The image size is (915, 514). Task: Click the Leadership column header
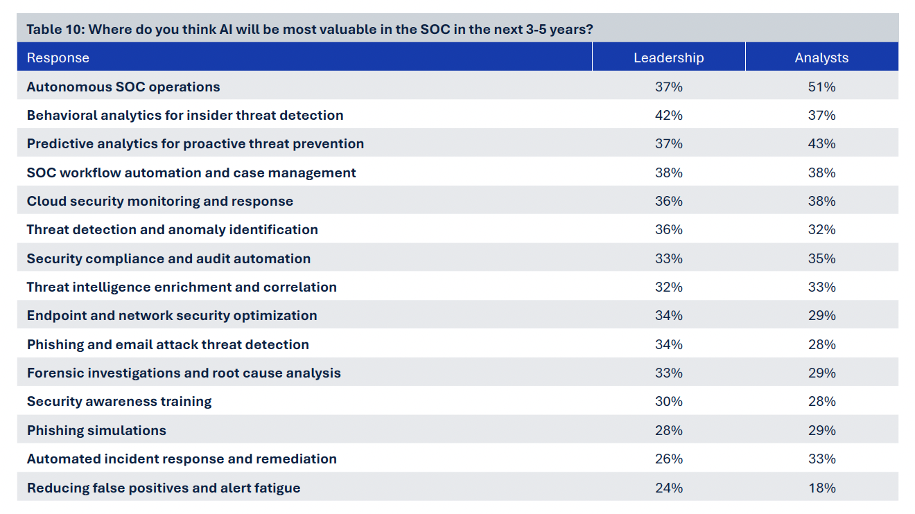(x=669, y=57)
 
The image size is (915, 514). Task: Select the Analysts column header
(x=821, y=57)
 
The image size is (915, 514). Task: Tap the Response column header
(x=58, y=58)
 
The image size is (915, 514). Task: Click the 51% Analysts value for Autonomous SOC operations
(x=821, y=87)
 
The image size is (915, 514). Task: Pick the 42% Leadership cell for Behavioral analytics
(x=669, y=115)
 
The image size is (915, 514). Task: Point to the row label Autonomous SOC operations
(x=123, y=87)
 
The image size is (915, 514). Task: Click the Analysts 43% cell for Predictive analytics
(x=821, y=143)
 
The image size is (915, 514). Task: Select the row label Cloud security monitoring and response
(x=160, y=202)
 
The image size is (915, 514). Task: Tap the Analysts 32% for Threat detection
(x=821, y=229)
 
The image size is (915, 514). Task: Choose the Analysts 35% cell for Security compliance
(x=821, y=258)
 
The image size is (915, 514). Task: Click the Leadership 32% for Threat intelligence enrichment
(x=669, y=287)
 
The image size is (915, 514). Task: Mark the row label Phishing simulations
(x=96, y=430)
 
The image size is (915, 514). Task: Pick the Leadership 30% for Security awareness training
(x=669, y=401)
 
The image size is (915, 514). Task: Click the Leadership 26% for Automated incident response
(x=669, y=459)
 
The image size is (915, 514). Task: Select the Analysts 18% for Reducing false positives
(x=821, y=488)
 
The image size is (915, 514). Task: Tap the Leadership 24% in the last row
(x=669, y=488)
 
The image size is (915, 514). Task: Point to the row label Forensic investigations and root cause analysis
(x=184, y=373)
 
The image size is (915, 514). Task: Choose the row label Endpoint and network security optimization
(x=172, y=316)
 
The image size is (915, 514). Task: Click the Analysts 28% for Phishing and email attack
(x=821, y=344)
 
